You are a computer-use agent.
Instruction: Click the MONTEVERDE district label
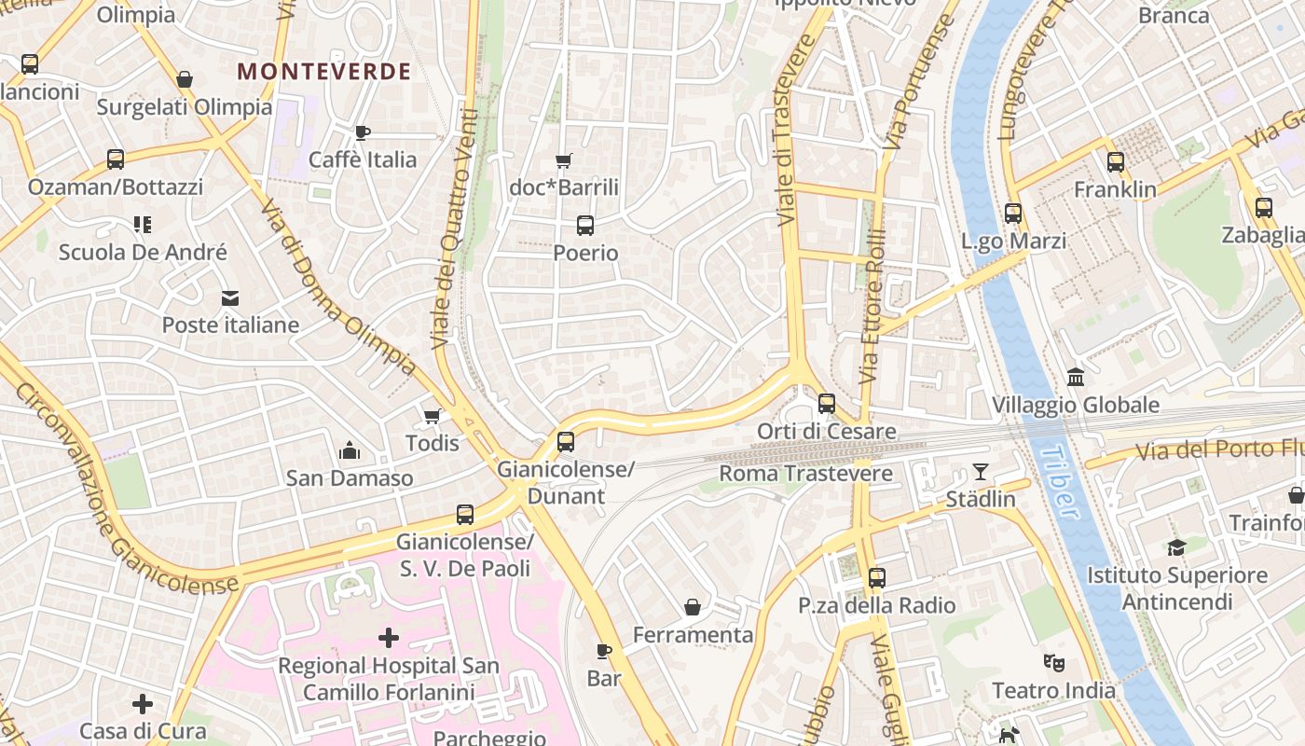323,72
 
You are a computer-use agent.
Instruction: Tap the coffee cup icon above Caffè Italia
363,133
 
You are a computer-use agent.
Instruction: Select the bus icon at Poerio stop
585,226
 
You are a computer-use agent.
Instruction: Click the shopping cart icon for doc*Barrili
563,161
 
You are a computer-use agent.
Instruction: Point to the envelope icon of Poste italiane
229,298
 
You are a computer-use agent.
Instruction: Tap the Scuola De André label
143,252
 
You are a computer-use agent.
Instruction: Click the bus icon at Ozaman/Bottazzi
116,159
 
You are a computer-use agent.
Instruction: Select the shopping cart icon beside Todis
432,416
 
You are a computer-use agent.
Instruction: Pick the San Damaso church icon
350,451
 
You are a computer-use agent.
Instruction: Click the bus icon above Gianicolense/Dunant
566,442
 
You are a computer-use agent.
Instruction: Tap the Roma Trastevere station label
805,474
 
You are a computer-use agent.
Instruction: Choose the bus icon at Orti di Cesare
827,404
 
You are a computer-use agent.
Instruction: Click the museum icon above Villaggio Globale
1076,378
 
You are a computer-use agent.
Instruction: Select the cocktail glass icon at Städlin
981,472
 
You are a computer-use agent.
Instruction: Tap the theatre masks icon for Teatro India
1053,663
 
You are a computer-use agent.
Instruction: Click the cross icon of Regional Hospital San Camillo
389,638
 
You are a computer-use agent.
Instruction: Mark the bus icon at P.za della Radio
877,578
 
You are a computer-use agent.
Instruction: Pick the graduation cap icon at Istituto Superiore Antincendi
1176,547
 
